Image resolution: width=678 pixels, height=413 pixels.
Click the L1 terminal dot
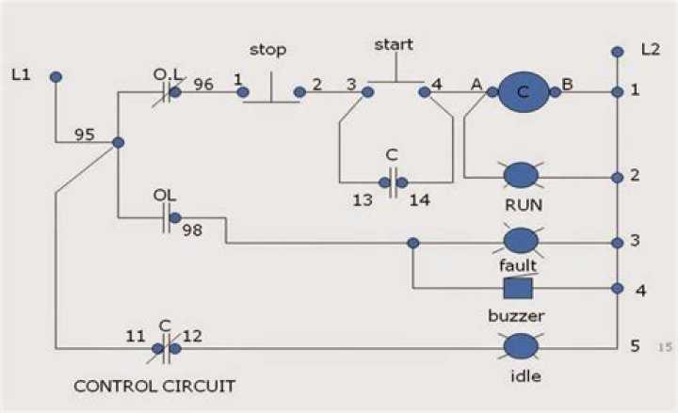pos(56,77)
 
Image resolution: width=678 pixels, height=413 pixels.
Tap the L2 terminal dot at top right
pos(618,52)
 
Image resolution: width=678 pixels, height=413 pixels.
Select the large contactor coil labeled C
pos(524,92)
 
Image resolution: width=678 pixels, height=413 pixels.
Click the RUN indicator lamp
pos(521,175)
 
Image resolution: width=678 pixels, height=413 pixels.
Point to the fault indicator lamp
pos(521,241)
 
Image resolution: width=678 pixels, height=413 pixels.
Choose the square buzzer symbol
pos(518,288)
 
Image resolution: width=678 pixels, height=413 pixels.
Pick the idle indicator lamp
pos(521,346)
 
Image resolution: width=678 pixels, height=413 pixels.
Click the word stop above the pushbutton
pos(268,50)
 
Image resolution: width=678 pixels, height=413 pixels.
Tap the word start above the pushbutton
pos(394,44)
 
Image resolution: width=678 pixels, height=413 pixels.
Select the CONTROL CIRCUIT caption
pos(154,386)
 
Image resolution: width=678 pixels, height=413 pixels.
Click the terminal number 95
pos(85,135)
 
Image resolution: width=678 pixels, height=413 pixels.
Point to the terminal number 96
pos(203,85)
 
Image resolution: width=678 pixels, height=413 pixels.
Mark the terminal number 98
pos(192,230)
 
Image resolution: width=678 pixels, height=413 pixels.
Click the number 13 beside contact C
pos(363,200)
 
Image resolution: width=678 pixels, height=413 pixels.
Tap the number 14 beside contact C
pos(419,200)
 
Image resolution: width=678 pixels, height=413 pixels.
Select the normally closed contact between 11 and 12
pos(166,348)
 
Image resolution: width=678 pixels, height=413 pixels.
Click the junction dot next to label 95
pos(118,143)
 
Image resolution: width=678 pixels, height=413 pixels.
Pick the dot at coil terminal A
pos(492,92)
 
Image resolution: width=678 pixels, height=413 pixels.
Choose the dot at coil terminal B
pos(556,92)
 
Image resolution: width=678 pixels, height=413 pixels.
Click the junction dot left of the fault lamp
pos(413,244)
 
